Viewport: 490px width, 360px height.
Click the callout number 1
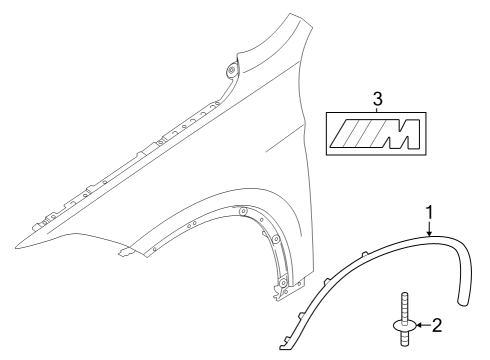(429, 213)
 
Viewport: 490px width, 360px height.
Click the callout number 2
(437, 325)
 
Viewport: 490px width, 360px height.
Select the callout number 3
(376, 99)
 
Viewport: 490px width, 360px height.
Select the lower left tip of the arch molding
(284, 347)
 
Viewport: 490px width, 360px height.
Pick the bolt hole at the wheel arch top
(242, 210)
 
